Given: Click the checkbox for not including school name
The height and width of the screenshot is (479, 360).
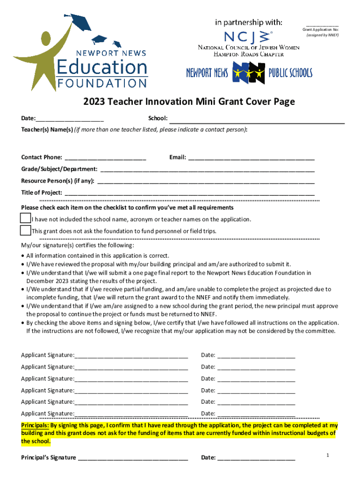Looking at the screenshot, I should click(25, 218).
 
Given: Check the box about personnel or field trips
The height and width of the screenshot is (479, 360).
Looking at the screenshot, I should click(25, 230).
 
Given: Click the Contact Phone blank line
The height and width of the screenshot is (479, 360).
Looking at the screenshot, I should click(105, 157).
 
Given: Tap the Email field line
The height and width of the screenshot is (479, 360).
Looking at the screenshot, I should click(251, 157).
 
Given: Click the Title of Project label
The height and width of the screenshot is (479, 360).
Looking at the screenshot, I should click(41, 192).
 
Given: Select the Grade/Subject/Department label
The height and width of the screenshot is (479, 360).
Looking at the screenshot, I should click(59, 169).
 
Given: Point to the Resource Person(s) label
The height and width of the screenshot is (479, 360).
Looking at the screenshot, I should click(58, 181).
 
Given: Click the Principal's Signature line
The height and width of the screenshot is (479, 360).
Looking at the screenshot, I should click(133, 457).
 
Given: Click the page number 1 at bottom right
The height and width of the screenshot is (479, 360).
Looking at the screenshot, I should click(329, 455).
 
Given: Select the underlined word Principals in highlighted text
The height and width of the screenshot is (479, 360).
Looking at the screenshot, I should click(35, 426).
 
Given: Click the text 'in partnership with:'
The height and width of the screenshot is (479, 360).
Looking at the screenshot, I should click(248, 22).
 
